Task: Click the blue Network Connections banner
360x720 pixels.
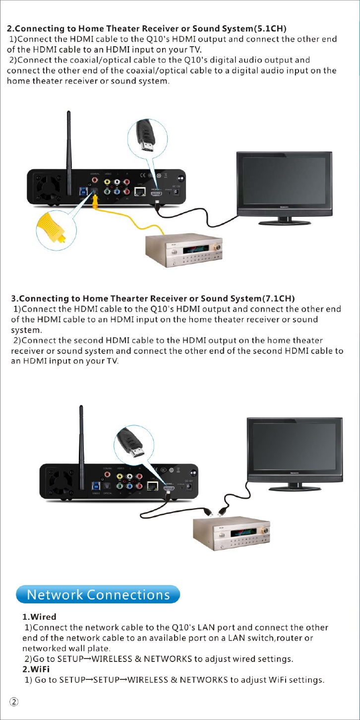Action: point(98,594)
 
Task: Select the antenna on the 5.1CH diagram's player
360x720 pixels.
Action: point(70,144)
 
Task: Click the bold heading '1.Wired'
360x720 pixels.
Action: point(39,617)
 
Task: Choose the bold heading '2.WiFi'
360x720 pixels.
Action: point(36,669)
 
